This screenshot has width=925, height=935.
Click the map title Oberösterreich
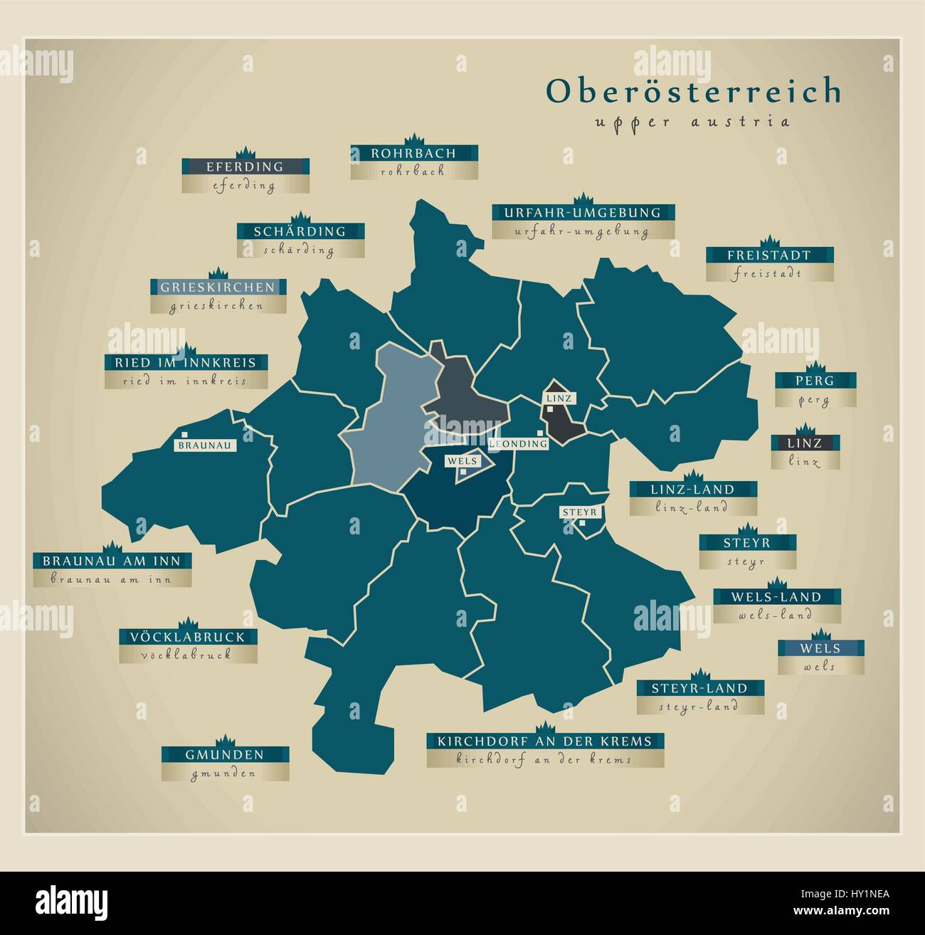(x=694, y=91)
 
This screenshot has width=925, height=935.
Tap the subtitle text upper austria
(x=692, y=121)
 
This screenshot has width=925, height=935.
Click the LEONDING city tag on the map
(x=518, y=444)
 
